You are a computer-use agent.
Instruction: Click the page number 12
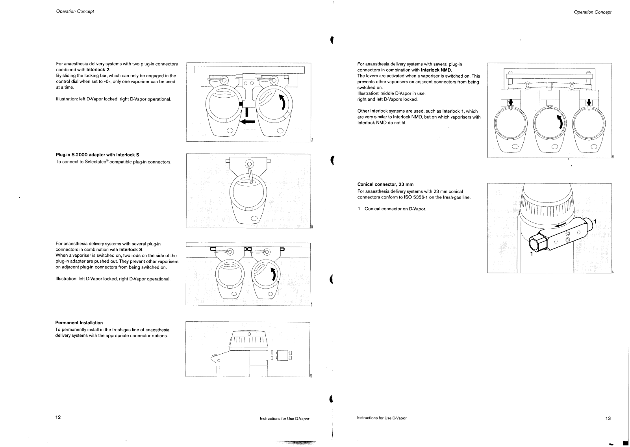[58, 417]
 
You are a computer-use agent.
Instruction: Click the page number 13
[608, 418]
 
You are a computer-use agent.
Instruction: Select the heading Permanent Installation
[79, 323]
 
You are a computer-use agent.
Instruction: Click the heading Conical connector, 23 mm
[385, 184]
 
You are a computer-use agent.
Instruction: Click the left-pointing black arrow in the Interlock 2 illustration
[248, 121]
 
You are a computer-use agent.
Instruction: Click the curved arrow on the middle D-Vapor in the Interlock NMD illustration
[560, 122]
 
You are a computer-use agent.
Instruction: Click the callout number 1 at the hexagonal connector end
[532, 254]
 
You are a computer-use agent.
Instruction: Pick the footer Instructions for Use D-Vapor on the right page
[382, 418]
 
